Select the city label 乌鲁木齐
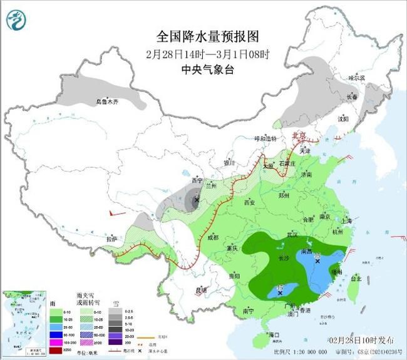coord(107,101)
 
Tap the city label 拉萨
coord(111,239)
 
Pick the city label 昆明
coord(201,289)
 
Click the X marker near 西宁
coord(197,200)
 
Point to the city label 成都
coord(214,237)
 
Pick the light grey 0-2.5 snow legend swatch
coord(115,311)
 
